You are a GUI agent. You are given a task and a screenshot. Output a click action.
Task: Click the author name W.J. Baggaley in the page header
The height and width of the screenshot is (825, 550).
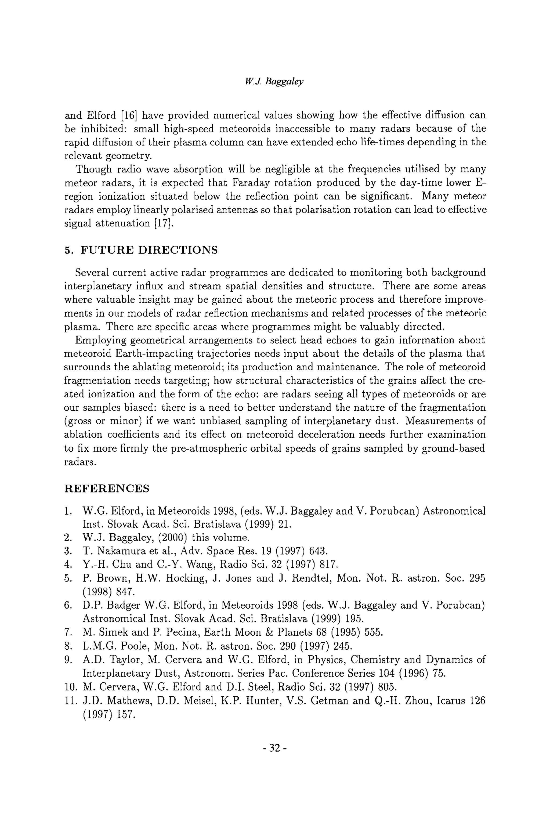point(274,81)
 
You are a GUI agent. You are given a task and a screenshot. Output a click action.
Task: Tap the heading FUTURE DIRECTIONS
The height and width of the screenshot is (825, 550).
point(149,250)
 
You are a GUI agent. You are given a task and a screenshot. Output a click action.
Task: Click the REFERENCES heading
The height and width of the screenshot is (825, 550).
point(107,489)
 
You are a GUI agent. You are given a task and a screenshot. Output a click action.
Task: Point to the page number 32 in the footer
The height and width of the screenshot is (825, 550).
point(275,748)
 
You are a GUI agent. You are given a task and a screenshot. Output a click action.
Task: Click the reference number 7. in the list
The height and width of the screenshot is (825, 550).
point(68,632)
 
